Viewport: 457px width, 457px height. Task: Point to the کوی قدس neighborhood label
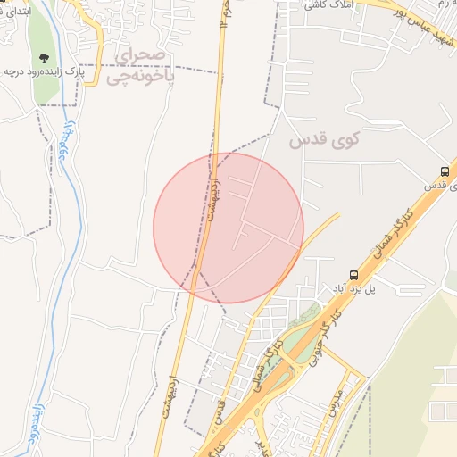pyautogui.click(x=317, y=141)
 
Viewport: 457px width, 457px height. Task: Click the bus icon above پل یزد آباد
pyautogui.click(x=354, y=275)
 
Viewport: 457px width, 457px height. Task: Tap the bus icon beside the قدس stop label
pyautogui.click(x=445, y=171)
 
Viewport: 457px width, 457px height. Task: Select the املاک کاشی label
pyautogui.click(x=324, y=5)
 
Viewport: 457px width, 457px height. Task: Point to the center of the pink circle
pyautogui.click(x=228, y=228)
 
